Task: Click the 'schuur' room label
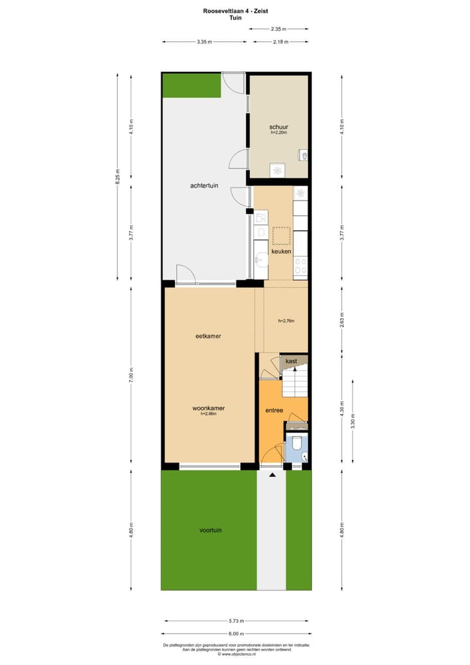tap(279, 127)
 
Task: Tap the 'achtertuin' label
tap(204, 186)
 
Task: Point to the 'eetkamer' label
tap(208, 336)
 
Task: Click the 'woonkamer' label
tap(208, 408)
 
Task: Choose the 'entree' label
tap(274, 410)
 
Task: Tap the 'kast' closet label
tap(291, 361)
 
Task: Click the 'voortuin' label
tap(210, 530)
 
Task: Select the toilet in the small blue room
tap(296, 445)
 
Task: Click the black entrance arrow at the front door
tap(272, 475)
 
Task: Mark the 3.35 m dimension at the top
tap(204, 42)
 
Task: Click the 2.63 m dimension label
tap(341, 321)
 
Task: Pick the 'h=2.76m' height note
tap(286, 321)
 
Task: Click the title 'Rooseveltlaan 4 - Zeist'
tap(235, 11)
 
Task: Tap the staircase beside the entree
tap(294, 381)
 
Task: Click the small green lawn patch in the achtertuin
tap(191, 86)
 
